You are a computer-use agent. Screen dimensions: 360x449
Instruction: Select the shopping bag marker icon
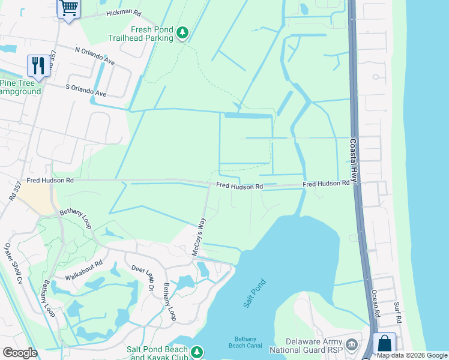tap(384, 344)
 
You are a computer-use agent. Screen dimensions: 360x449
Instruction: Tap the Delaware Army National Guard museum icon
tap(352, 344)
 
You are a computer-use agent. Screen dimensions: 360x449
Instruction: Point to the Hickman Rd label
tap(123, 13)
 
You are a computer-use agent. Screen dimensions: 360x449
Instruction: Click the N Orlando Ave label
tap(95, 56)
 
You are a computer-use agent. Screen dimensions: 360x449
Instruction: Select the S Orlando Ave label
tap(85, 90)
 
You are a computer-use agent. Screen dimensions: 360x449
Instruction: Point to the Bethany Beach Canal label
tap(246, 342)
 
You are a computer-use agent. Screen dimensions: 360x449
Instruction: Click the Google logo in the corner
tap(20, 353)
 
